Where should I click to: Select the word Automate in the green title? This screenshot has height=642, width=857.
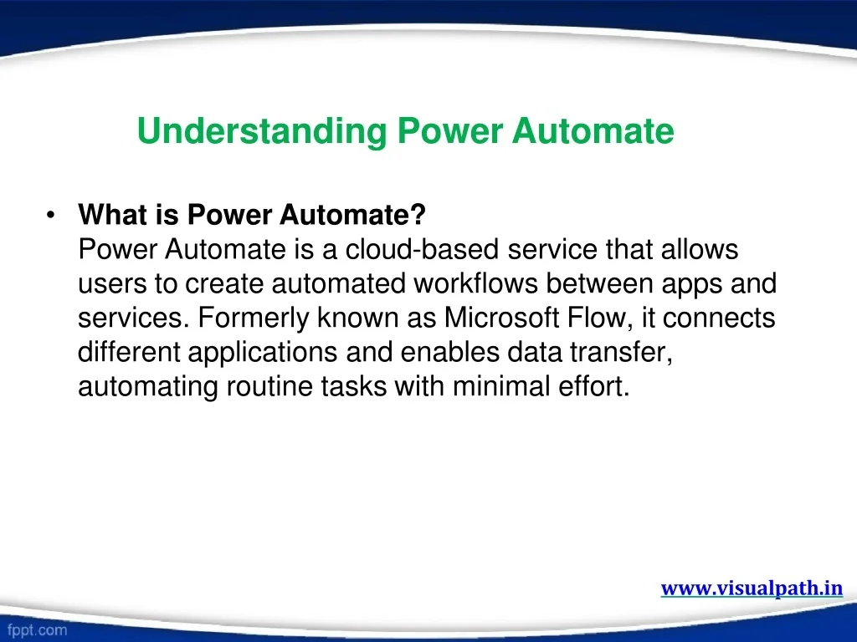click(x=593, y=131)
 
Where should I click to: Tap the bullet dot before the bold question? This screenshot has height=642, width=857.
click(x=51, y=215)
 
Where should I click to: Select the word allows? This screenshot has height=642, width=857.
click(x=700, y=249)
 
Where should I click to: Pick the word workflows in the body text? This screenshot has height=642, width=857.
click(x=475, y=283)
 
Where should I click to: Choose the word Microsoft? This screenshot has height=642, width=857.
click(x=502, y=317)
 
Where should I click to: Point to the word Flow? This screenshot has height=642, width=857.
click(x=596, y=317)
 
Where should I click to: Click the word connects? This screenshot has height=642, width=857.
click(x=719, y=318)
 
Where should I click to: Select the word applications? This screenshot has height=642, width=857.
click(x=262, y=353)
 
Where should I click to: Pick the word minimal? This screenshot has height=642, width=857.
click(x=501, y=386)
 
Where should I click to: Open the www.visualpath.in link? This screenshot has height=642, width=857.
click(x=752, y=588)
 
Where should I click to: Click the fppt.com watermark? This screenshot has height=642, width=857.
click(x=37, y=630)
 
